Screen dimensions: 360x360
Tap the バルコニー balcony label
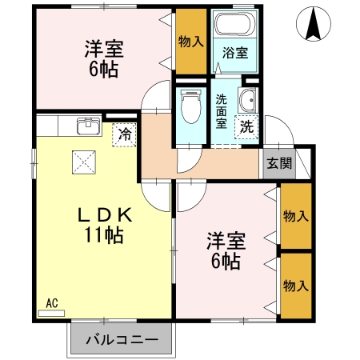point(121,339)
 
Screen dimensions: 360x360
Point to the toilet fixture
point(190,105)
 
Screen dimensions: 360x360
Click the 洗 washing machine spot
point(246,126)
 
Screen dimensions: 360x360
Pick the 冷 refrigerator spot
point(126,134)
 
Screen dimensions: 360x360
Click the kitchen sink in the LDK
point(87,126)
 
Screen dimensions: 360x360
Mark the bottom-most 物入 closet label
point(296,286)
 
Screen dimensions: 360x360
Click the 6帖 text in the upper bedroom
point(102,69)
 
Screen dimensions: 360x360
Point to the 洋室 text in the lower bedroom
point(226,239)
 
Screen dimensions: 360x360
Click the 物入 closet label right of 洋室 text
point(296,215)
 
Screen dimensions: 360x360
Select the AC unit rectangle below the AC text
point(52,312)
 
